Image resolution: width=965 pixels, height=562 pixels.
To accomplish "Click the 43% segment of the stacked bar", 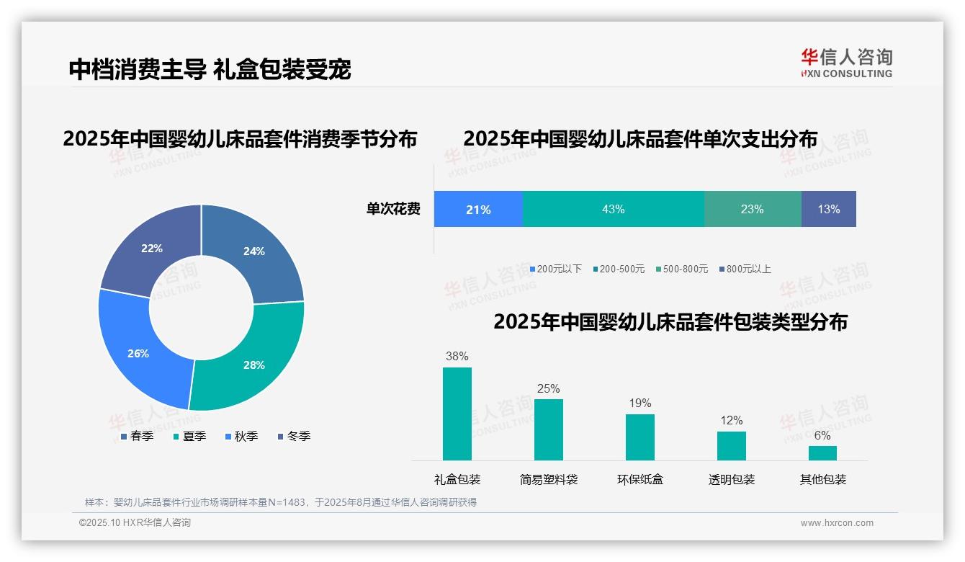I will tap(613, 209).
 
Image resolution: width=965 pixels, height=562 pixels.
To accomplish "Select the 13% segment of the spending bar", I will tap(828, 209).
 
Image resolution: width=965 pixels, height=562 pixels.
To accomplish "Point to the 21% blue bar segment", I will tap(478, 209).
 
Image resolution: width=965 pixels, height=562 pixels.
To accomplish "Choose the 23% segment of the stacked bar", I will tap(752, 209).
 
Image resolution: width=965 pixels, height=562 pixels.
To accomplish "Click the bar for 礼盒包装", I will tap(457, 414).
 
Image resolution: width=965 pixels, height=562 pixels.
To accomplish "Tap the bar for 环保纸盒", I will tap(640, 437).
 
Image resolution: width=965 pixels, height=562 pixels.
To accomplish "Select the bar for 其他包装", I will tap(822, 452).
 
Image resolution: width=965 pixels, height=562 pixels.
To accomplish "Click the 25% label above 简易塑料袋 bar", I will tap(548, 388).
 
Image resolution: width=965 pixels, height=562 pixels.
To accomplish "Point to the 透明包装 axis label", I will tap(732, 479).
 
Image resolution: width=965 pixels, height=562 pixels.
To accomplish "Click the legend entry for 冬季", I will tap(294, 436).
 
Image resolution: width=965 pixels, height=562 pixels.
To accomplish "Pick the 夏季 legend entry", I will tap(190, 436).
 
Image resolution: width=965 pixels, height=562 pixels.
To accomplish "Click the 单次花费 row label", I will tap(393, 210).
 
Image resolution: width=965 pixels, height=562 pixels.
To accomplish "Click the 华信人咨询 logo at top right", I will tap(846, 63).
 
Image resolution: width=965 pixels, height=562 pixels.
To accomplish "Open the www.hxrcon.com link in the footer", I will tap(837, 523).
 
